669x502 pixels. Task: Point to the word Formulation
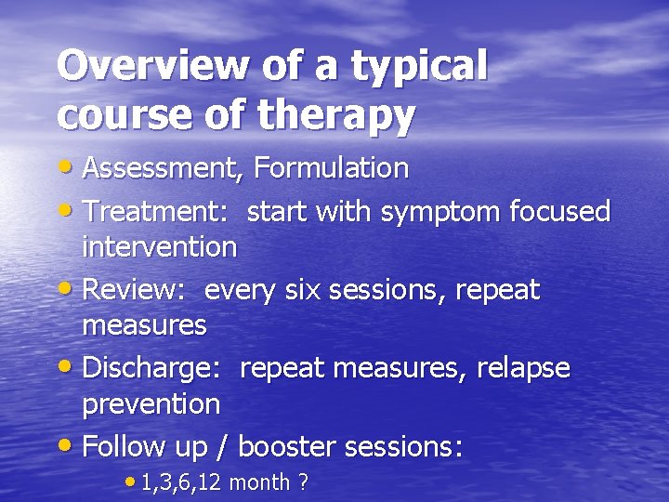pos(332,168)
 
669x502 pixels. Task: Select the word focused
pos(560,212)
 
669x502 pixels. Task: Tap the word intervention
pos(160,246)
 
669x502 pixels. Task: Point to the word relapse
pos(523,368)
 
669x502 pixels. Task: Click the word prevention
pos(151,403)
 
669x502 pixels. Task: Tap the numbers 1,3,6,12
pos(182,482)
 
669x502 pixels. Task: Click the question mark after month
pos(304,482)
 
